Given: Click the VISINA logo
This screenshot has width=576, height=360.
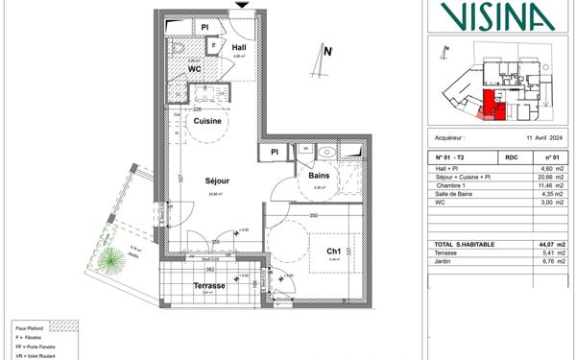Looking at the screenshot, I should point(498,15).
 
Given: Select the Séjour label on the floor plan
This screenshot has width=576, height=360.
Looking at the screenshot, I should point(216,180).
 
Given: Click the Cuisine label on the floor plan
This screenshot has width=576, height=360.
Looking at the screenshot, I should point(208,122).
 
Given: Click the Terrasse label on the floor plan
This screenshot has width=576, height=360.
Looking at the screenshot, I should point(208,286).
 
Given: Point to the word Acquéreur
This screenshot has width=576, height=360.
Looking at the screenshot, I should point(450,137).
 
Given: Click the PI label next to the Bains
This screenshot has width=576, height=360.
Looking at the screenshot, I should point(274,151).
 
